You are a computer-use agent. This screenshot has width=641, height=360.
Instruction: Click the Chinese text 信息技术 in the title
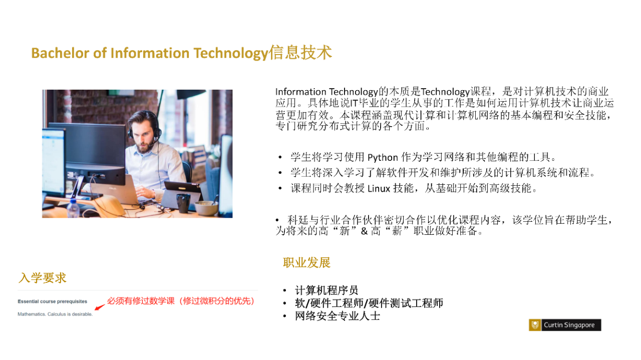(300, 53)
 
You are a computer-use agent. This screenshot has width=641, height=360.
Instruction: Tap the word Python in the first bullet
(383, 158)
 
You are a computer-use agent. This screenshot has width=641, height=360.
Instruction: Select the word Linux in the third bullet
(379, 189)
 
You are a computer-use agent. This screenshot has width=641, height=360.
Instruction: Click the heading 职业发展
(307, 262)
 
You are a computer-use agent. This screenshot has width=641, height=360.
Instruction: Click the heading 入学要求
(43, 278)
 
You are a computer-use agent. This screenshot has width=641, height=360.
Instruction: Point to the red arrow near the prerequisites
(100, 307)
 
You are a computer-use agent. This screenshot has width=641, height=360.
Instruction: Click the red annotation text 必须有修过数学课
(141, 301)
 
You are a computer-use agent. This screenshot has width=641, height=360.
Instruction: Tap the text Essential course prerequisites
(53, 301)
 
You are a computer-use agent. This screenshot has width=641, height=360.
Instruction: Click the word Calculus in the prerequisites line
(57, 314)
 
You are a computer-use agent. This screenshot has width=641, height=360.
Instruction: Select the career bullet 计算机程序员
(327, 290)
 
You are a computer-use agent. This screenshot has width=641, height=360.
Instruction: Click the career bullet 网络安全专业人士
(338, 316)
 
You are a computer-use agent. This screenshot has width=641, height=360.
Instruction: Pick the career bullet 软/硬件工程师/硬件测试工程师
(369, 303)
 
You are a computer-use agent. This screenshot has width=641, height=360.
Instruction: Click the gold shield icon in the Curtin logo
(535, 325)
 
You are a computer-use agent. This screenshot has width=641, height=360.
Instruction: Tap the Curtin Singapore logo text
(569, 325)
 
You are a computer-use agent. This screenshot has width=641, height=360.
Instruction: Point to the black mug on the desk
(183, 203)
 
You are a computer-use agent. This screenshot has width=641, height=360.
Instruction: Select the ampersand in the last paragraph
(364, 231)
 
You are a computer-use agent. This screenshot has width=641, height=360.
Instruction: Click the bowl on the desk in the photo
(206, 208)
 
